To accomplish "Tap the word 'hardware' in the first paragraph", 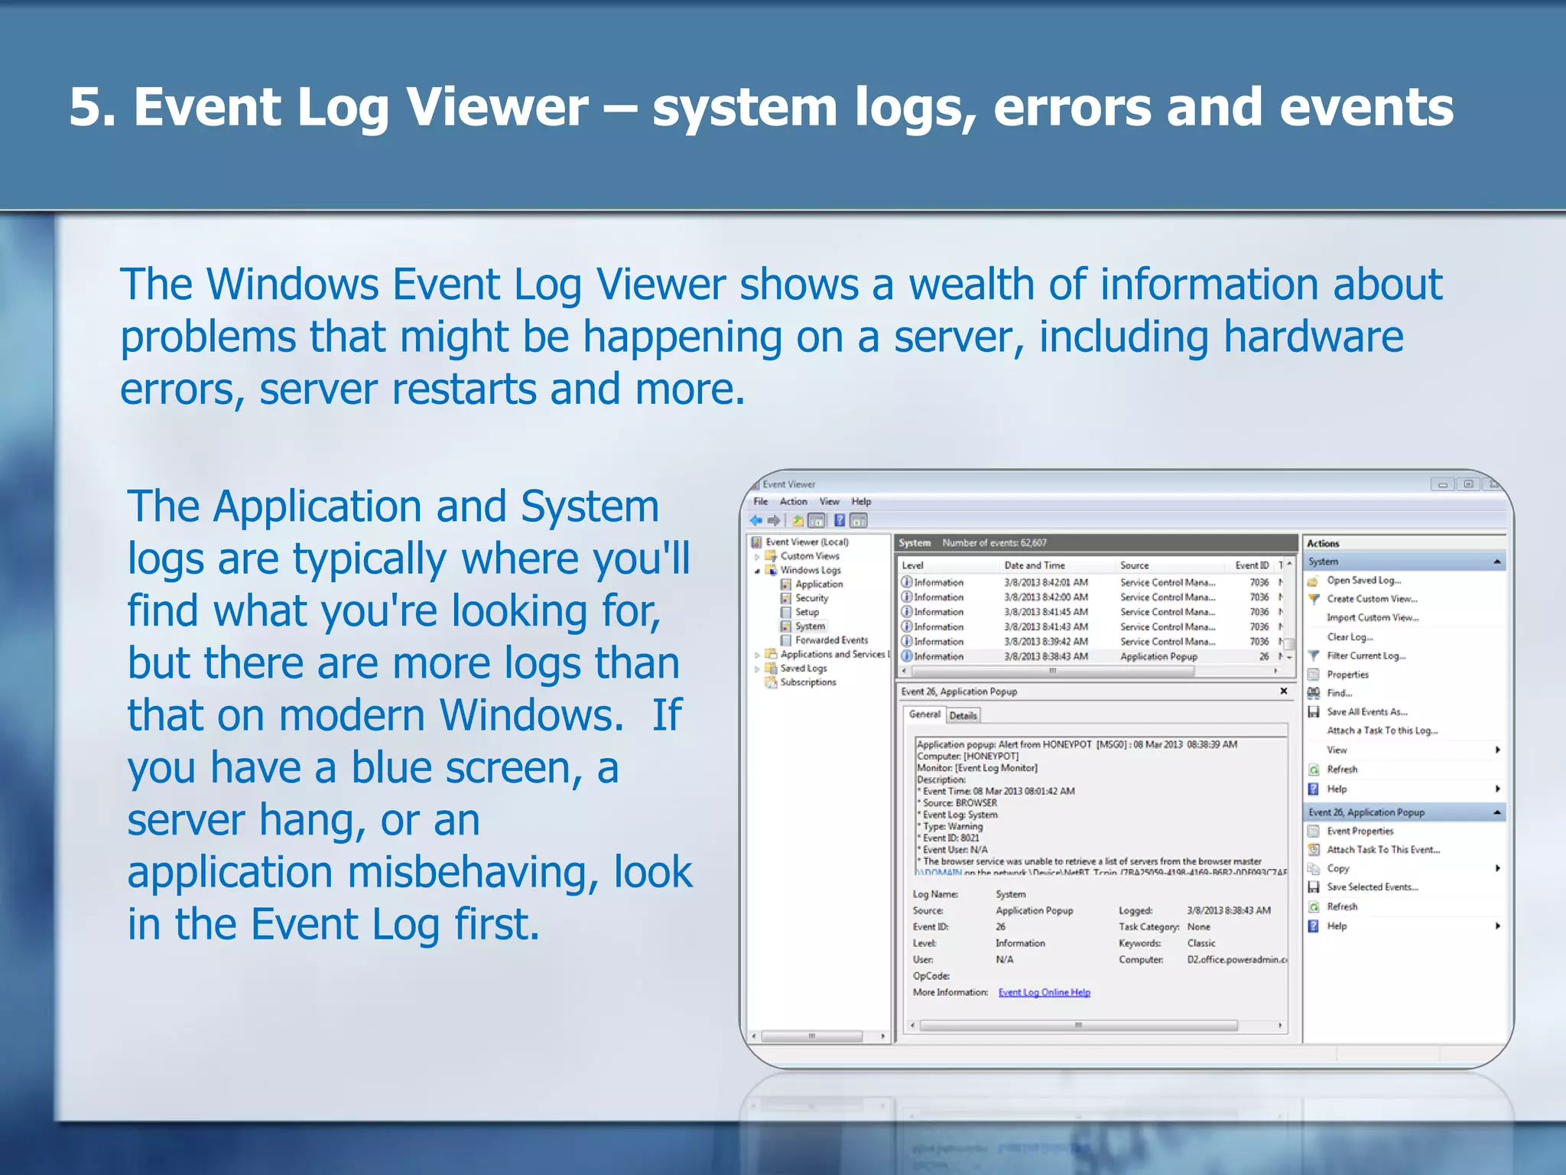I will [1313, 337].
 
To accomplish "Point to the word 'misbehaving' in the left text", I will [474, 872].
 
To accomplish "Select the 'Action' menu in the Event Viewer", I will [793, 502].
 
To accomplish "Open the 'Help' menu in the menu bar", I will [861, 502].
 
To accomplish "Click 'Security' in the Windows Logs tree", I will [811, 598].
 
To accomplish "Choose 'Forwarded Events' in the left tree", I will [831, 640].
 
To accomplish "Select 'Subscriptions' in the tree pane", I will [808, 682].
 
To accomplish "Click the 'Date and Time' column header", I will [1034, 565].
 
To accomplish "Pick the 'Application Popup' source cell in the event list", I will [1158, 656].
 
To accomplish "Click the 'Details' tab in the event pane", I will [963, 715].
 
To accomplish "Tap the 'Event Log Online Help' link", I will [1044, 992].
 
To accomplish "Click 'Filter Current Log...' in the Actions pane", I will [1366, 656].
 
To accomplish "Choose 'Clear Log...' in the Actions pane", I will [1350, 636].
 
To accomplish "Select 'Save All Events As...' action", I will [1366, 711].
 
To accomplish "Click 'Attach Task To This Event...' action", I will [1382, 849].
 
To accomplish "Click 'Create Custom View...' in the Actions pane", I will [1372, 599].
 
